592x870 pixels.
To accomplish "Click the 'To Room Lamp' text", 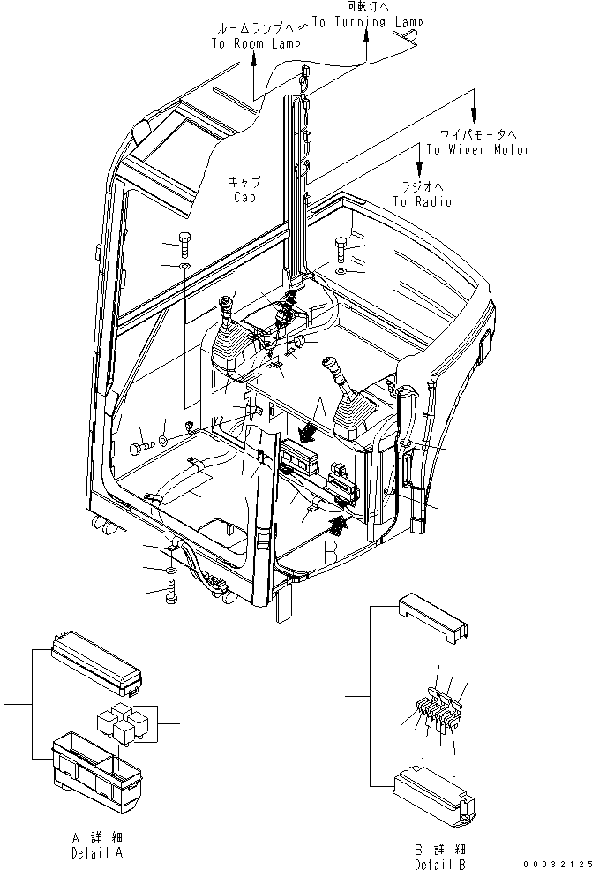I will click(255, 43).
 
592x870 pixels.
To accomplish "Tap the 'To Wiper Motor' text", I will click(478, 149).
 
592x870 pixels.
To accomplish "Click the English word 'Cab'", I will click(244, 198).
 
